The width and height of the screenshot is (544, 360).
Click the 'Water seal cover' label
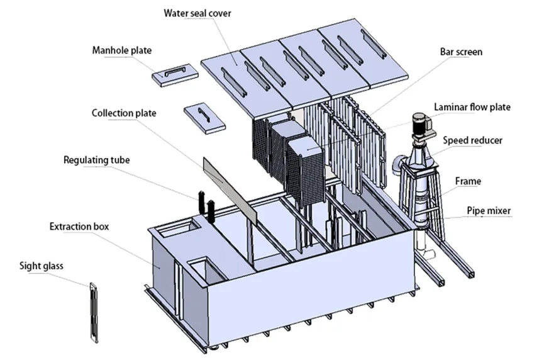click(198, 13)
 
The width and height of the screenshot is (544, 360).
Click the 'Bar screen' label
click(461, 51)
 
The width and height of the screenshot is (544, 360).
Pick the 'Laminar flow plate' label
click(472, 107)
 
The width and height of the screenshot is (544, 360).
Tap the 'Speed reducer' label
click(472, 140)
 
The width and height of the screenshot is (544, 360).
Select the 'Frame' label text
click(468, 181)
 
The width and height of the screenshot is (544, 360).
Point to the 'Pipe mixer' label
click(488, 210)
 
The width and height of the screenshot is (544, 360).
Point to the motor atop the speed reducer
click(420, 123)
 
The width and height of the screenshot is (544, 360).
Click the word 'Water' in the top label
click(178, 13)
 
